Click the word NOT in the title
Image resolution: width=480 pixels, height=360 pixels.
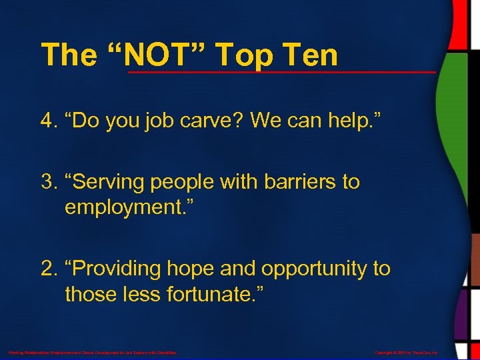[161, 55]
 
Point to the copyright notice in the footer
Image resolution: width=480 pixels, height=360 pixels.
[407, 352]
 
